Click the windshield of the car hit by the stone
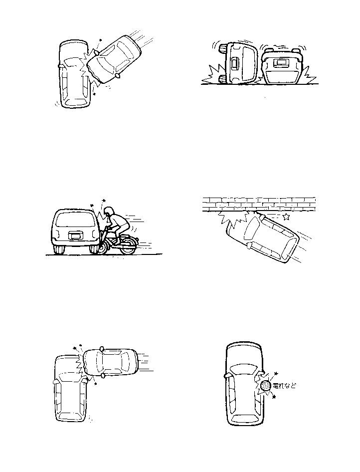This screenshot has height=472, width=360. point(244,369)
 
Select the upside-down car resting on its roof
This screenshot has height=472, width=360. point(282,67)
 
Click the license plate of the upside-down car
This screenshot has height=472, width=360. point(282,63)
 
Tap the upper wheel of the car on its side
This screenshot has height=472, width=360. point(223,48)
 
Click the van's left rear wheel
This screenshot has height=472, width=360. point(59,248)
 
